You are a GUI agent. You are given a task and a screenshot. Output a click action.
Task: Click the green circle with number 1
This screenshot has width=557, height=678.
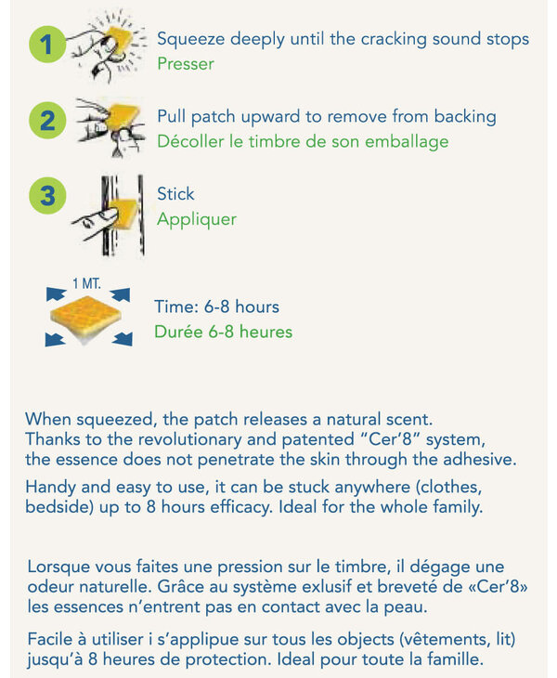(x=47, y=44)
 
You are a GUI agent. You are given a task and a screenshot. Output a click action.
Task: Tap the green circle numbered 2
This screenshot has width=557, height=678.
(x=47, y=120)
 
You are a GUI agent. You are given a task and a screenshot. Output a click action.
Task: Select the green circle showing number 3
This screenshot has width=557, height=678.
(x=47, y=195)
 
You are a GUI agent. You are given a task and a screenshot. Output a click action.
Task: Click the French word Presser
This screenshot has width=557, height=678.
(x=186, y=64)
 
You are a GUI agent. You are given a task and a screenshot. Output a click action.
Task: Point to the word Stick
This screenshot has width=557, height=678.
(x=175, y=194)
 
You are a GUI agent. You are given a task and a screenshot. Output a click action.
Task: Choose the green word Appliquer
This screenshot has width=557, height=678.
(x=197, y=220)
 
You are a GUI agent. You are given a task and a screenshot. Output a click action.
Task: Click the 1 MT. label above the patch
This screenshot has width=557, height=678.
(x=86, y=283)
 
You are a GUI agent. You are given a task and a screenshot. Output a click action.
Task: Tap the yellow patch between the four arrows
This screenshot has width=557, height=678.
(x=85, y=318)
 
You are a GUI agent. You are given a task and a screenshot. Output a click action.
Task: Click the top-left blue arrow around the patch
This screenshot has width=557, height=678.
(x=56, y=293)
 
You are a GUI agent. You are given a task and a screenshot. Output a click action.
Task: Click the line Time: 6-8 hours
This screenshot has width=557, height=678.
(x=217, y=307)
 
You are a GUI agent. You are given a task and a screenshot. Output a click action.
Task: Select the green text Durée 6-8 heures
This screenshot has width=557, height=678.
(x=224, y=332)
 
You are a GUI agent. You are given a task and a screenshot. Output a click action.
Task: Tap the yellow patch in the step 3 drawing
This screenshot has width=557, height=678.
(x=124, y=213)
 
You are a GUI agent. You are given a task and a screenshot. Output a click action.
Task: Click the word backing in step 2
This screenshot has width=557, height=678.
(x=465, y=117)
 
